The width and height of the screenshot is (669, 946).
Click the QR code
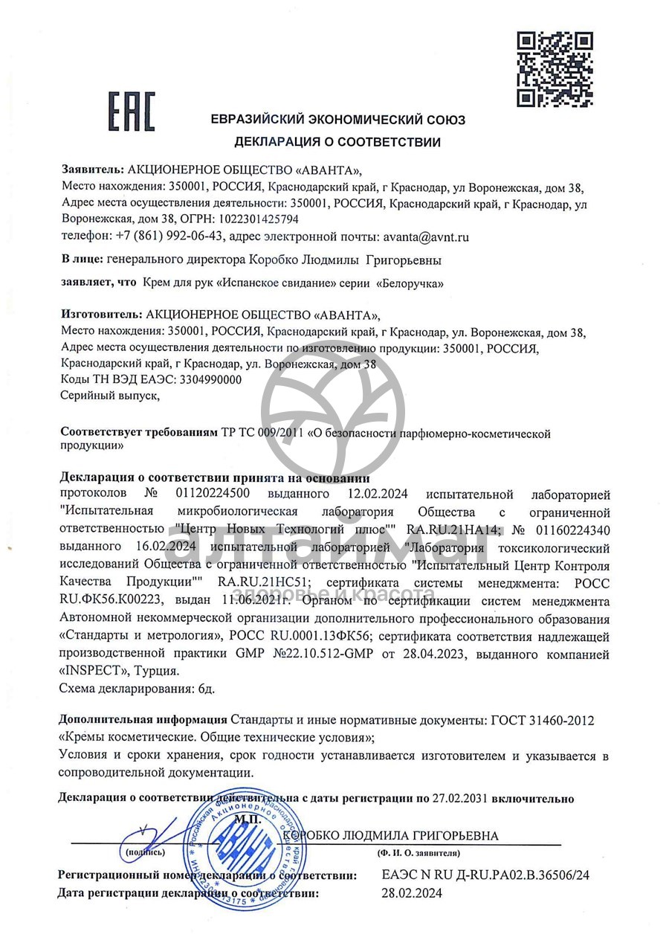[555, 69]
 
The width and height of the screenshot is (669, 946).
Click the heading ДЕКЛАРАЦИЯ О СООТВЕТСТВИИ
[337, 142]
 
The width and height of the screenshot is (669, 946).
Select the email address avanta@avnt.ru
[426, 237]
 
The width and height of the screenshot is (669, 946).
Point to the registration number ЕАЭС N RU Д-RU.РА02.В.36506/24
[485, 876]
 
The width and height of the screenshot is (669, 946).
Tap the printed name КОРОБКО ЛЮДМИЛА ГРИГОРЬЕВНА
[391, 836]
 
